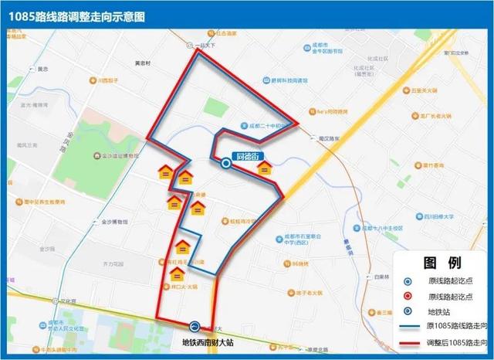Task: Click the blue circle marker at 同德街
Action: (x=226, y=163)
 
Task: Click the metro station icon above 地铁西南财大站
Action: (x=195, y=327)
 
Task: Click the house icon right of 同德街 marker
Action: (x=266, y=168)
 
